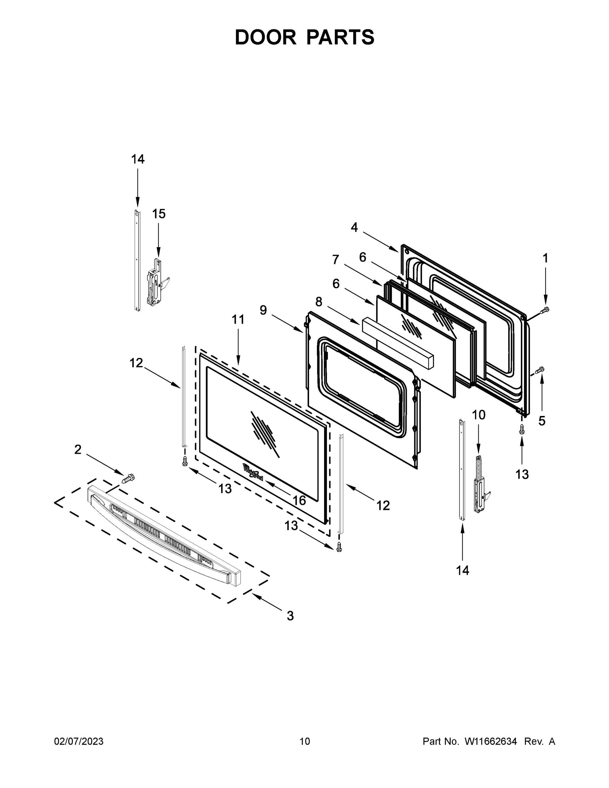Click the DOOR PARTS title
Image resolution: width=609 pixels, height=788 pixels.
pos(305,37)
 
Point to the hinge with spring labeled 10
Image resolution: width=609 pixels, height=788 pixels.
pos(480,487)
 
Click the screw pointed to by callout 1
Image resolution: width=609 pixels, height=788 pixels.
pos(545,310)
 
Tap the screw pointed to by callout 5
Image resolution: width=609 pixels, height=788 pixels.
pos(540,370)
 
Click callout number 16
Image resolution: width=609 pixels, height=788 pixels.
pos(299,500)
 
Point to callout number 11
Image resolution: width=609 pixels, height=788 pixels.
pos(238,320)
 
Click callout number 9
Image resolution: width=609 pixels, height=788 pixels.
pos(263,310)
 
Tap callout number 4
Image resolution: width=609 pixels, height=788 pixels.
pos(354,227)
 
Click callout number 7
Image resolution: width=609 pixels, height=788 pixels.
pos(336,259)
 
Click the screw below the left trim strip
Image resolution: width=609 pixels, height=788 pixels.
pos(185,461)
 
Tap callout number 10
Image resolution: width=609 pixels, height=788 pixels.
pos(479,415)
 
